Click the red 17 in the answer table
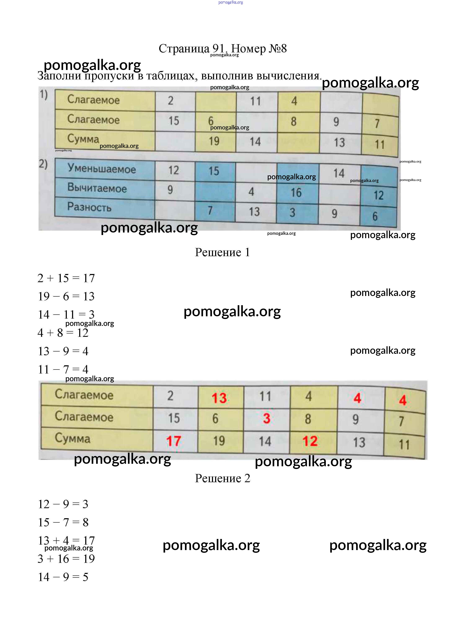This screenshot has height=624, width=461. [174, 441]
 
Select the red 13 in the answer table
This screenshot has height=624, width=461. [219, 398]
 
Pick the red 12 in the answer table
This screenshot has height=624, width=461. [310, 441]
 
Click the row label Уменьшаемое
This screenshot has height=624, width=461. [102, 169]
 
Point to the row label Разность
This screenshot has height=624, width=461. [89, 207]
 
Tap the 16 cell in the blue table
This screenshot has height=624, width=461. [296, 192]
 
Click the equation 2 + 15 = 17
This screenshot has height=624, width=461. [66, 278]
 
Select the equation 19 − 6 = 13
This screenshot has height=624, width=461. [66, 296]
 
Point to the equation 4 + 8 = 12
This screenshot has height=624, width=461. [63, 333]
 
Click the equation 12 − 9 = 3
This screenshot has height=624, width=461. [63, 504]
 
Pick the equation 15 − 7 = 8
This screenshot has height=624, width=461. [63, 522]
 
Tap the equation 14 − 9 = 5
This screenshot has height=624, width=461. [63, 577]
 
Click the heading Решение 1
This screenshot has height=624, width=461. [222, 252]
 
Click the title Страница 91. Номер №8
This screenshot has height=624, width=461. [223, 49]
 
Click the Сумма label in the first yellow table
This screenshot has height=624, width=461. [83, 139]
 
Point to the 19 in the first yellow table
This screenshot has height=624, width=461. [214, 141]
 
